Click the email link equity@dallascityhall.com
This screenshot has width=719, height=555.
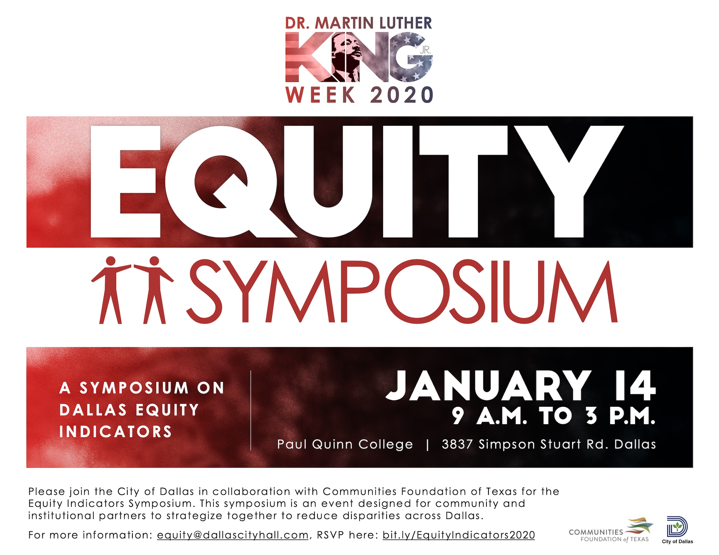[233, 535]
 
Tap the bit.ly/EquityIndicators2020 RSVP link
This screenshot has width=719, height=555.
[459, 535]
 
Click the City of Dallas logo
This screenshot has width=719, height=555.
[677, 530]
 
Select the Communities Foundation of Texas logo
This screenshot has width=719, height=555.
[611, 530]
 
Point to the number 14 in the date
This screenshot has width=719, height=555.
[635, 386]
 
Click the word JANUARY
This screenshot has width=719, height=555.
[488, 386]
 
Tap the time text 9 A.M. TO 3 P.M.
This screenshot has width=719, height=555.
[553, 416]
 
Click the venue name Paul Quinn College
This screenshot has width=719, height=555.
[345, 444]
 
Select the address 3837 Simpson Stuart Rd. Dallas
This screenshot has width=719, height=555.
[549, 444]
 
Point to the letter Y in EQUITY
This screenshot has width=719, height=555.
[569, 181]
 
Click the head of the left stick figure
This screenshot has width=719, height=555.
[111, 261]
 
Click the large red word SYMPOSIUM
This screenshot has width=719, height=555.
[402, 291]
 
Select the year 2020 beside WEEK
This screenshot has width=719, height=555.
[402, 95]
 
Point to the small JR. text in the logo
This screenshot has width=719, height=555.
[425, 50]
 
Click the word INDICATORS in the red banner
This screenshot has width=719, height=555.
[116, 432]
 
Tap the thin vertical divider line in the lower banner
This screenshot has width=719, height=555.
[251, 410]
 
